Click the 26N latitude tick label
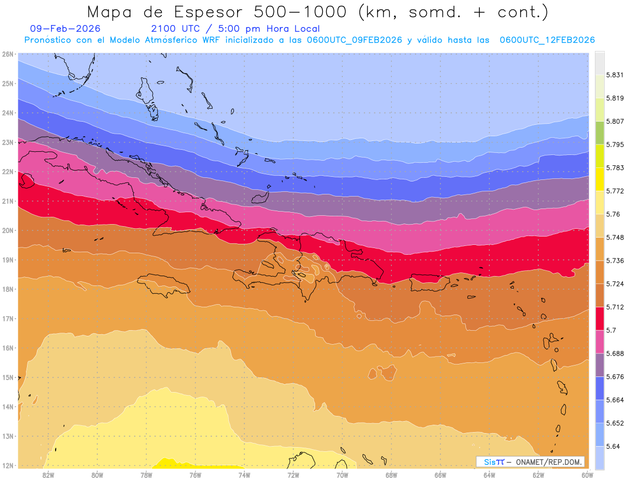(x=8, y=54)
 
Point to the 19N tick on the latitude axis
(x=8, y=260)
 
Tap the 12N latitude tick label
(x=8, y=465)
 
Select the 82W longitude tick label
(x=48, y=475)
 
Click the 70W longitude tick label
(x=342, y=475)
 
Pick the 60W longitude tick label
(x=587, y=475)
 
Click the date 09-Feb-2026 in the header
(x=66, y=29)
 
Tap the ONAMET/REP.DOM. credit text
(x=547, y=462)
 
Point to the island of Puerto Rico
(x=429, y=284)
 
